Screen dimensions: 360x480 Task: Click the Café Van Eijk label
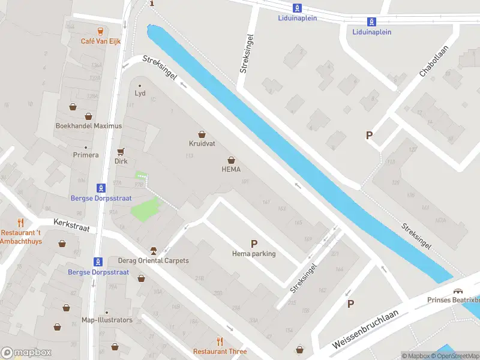101,41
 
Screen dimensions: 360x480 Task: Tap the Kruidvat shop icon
202,134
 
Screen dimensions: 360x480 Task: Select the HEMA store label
231,169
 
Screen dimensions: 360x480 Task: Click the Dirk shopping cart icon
121,151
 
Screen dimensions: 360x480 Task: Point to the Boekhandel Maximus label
88,126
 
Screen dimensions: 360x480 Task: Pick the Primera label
86,155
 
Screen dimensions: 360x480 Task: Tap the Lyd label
140,93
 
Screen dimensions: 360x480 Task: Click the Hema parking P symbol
254,244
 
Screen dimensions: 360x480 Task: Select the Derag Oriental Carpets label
154,260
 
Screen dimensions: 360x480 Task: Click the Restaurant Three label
220,352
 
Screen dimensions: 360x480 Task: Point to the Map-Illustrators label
107,320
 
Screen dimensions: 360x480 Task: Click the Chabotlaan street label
431,65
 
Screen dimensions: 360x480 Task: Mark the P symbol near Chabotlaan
370,136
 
